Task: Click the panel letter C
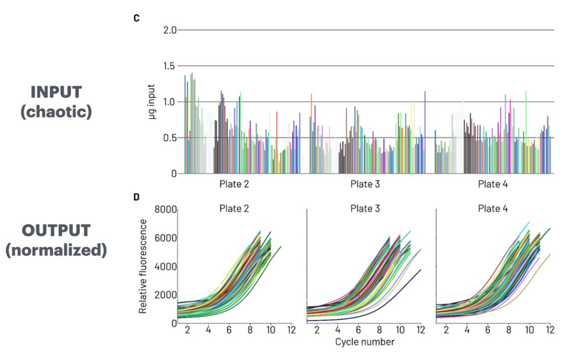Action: pyautogui.click(x=136, y=18)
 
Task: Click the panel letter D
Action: pyautogui.click(x=136, y=197)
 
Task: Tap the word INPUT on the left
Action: pyautogui.click(x=56, y=93)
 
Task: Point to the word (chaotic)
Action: pyautogui.click(x=56, y=112)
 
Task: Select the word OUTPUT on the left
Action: pyautogui.click(x=56, y=231)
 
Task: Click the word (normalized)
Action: pyautogui.click(x=56, y=250)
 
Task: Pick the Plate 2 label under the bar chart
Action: pyautogui.click(x=235, y=184)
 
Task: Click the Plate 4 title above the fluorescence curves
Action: pyautogui.click(x=493, y=208)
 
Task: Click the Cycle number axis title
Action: pyautogui.click(x=365, y=341)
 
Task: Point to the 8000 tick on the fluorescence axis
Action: pyautogui.click(x=166, y=210)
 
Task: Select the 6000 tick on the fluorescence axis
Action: pyautogui.click(x=166, y=238)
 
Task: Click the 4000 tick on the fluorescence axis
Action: pyautogui.click(x=166, y=266)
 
